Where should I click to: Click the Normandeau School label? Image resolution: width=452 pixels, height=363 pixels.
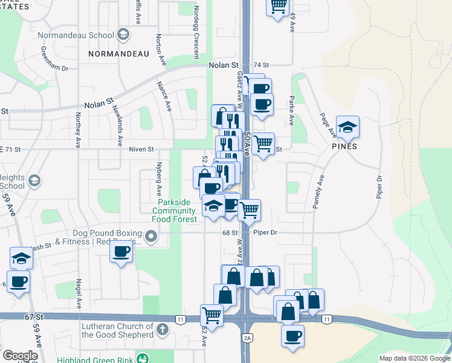(76, 35)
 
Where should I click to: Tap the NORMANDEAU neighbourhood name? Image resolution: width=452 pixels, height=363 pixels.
(118, 54)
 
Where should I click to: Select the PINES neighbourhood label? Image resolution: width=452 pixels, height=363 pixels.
(344, 146)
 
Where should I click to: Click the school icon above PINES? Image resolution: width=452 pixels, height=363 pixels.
(348, 126)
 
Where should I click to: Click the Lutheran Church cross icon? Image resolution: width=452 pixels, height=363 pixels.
(161, 330)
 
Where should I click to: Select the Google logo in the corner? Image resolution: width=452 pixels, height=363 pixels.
(20, 355)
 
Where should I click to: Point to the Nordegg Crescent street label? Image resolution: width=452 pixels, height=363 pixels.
(196, 33)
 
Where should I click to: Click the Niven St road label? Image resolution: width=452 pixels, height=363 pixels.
(141, 149)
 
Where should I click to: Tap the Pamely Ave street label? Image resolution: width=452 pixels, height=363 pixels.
(318, 192)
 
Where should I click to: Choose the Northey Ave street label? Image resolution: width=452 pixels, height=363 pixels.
(77, 131)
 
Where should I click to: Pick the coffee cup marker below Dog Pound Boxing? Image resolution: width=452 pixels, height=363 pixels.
(121, 251)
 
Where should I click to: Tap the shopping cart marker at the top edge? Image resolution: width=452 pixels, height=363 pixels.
(277, 6)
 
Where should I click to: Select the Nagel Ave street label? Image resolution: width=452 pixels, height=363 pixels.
(79, 293)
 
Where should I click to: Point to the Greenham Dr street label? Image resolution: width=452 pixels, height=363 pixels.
(54, 59)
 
